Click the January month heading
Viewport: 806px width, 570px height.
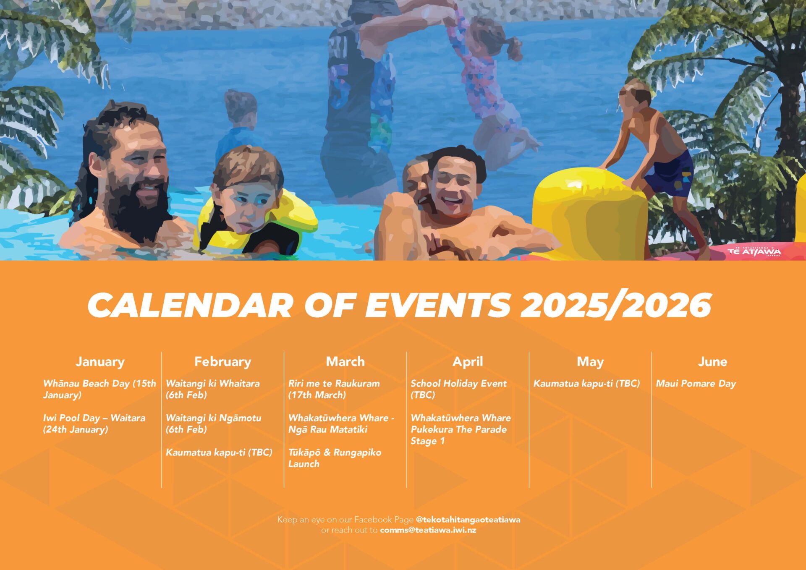pyautogui.click(x=100, y=362)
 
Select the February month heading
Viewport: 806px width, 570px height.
pyautogui.click(x=222, y=362)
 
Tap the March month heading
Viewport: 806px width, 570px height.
pyautogui.click(x=345, y=361)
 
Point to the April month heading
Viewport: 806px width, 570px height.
pyautogui.click(x=468, y=362)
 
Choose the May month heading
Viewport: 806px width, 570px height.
pyautogui.click(x=590, y=362)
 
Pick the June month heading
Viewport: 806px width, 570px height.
pyautogui.click(x=712, y=361)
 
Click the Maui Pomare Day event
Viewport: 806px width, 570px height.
pyautogui.click(x=696, y=384)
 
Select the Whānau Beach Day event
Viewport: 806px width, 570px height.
pyautogui.click(x=99, y=389)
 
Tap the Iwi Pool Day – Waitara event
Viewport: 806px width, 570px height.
pyautogui.click(x=94, y=424)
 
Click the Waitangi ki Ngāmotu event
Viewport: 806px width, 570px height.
pyautogui.click(x=213, y=424)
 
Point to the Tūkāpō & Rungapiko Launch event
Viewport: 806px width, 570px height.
pyautogui.click(x=335, y=458)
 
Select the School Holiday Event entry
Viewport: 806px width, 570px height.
pyautogui.click(x=458, y=389)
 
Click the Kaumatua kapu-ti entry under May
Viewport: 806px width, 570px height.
pyautogui.click(x=586, y=384)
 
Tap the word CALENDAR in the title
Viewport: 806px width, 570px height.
pyautogui.click(x=190, y=305)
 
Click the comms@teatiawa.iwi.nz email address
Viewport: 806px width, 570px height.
pyautogui.click(x=428, y=530)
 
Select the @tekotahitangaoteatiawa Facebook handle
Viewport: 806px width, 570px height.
pyautogui.click(x=468, y=520)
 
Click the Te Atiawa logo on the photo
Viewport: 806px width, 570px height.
pyautogui.click(x=754, y=251)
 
